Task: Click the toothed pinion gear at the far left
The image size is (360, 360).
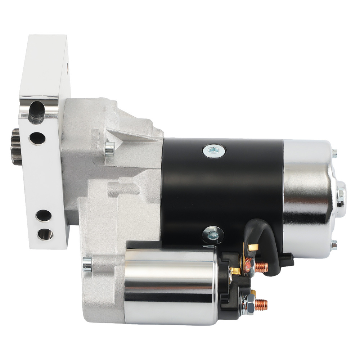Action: coord(16,146)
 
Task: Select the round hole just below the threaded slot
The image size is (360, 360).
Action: coord(38,137)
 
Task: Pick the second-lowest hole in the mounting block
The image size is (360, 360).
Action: coord(44,216)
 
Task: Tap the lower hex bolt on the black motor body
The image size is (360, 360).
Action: coord(213,235)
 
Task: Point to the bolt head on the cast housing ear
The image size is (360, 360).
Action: coord(109,147)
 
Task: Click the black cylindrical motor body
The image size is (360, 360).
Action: coord(223,191)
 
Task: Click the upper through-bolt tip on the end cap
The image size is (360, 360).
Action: coord(334,153)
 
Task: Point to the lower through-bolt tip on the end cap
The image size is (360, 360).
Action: coord(334,246)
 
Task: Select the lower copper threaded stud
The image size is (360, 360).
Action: coord(261,305)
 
